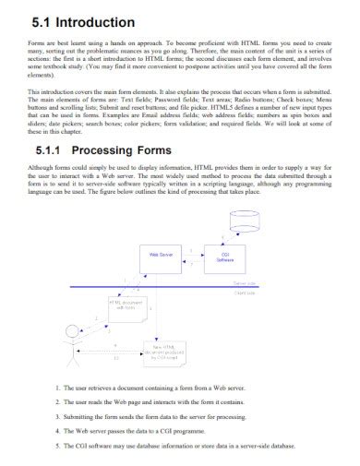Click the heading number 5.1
(43, 21)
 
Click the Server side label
(245, 282)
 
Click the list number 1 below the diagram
(58, 389)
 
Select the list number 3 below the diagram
(58, 417)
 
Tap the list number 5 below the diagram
(58, 445)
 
